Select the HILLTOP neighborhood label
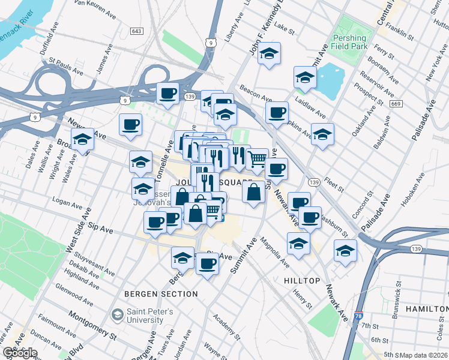[x=302, y=281]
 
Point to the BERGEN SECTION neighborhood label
[x=161, y=294]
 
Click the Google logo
[x=19, y=353]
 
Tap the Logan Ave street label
[x=66, y=200]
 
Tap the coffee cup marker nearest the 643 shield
[x=167, y=93]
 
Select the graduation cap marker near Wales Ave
[x=82, y=140]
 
